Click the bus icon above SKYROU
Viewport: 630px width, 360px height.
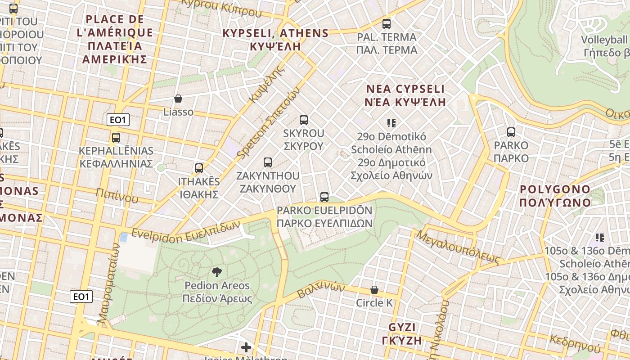point(304,120)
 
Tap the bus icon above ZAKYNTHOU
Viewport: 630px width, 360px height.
point(268,162)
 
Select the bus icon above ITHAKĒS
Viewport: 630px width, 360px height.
point(199,168)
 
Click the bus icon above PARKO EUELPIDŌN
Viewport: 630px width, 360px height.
point(324,197)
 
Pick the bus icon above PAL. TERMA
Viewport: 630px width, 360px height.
point(387,24)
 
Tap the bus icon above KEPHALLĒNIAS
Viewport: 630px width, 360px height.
point(116,138)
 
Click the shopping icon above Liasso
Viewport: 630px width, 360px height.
point(178,99)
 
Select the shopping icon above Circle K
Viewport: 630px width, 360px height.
point(374,290)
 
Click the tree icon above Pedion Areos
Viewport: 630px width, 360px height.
point(217,272)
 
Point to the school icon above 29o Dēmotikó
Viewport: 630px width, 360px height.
point(391,123)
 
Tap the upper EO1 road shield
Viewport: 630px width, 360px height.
point(118,120)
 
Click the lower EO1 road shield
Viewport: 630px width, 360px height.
point(81,297)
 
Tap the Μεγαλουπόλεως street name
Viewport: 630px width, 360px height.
point(458,247)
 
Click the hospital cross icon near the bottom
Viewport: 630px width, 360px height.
point(246,347)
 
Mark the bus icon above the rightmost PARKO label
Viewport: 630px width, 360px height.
point(511,132)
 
